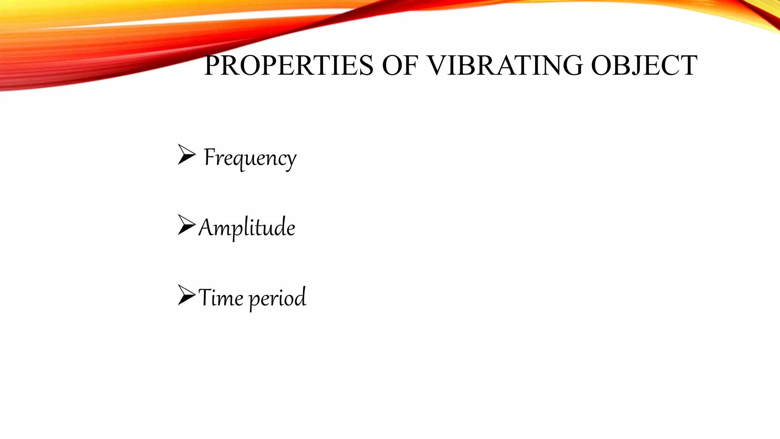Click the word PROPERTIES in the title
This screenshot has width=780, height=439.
[x=288, y=66]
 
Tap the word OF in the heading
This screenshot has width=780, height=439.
[x=400, y=66]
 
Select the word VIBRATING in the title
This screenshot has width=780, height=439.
[x=504, y=66]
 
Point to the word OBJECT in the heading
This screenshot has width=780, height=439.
[x=644, y=66]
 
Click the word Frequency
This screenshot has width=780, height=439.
[x=250, y=157]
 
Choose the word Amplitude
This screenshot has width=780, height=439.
[x=247, y=228]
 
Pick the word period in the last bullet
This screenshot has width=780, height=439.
[x=278, y=298]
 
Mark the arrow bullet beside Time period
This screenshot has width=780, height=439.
[x=186, y=295]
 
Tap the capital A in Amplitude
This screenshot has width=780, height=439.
[x=206, y=228]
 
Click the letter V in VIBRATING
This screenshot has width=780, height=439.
[x=436, y=66]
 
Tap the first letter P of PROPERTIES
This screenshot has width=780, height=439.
[x=212, y=66]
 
